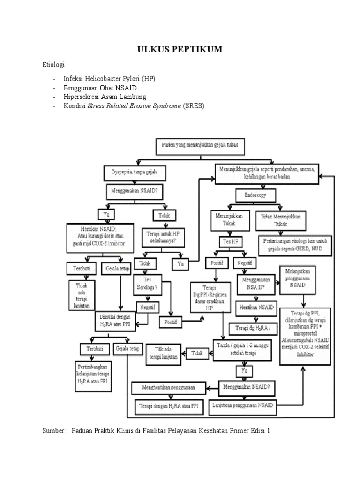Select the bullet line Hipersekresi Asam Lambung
click(105, 97)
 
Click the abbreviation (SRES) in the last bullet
click(194, 106)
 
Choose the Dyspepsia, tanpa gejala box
click(134, 172)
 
